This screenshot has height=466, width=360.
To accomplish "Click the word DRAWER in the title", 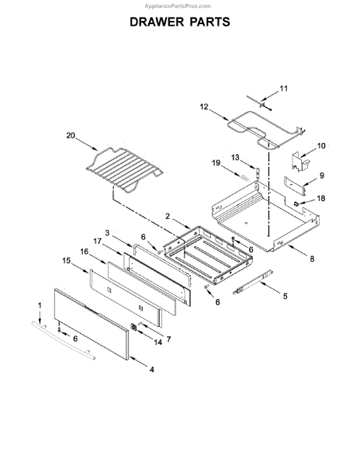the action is click(157, 22).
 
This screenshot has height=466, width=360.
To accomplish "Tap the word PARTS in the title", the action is click(210, 22).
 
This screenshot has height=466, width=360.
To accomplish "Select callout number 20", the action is click(71, 135).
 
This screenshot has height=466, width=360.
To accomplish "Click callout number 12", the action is click(204, 106).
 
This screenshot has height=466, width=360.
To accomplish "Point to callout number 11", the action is click(284, 89).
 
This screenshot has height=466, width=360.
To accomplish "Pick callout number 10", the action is click(321, 146).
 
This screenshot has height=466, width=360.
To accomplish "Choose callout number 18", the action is click(321, 198).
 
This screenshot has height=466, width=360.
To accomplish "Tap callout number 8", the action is click(312, 259).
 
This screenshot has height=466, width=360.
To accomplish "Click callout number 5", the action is click(286, 296).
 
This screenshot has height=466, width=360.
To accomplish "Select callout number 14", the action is click(158, 343).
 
